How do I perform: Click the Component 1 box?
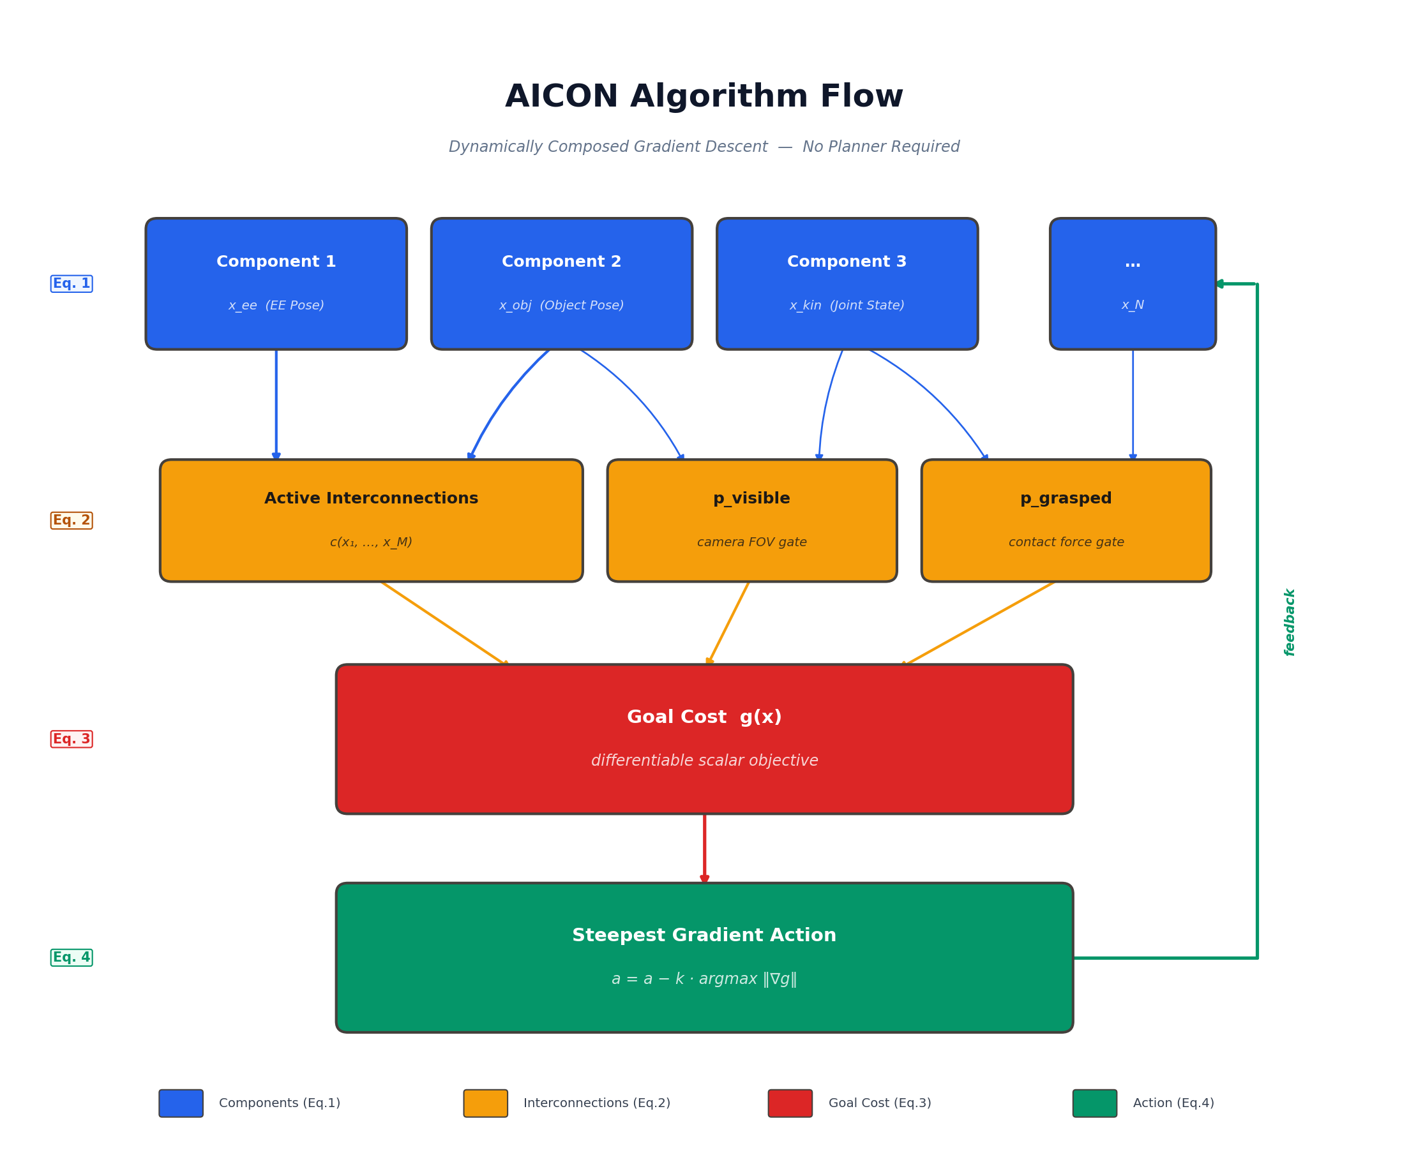point(276,283)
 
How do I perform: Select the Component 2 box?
point(562,283)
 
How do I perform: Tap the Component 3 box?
point(847,283)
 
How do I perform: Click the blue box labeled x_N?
point(1133,283)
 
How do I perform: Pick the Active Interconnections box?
point(371,521)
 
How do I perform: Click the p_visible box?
point(751,521)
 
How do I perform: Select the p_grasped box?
point(1066,521)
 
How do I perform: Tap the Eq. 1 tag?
point(72,284)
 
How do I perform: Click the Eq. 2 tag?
point(72,521)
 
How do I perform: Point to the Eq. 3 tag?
point(72,739)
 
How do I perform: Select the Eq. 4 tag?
point(72,957)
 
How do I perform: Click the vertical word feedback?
point(1290,622)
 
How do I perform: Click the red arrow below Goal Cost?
point(705,849)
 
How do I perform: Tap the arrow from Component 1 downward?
point(276,403)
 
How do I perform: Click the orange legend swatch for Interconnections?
point(485,1103)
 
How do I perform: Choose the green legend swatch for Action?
point(1094,1103)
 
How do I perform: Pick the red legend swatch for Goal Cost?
point(790,1103)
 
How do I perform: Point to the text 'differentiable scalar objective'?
point(705,761)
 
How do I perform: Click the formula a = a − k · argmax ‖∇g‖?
point(705,979)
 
